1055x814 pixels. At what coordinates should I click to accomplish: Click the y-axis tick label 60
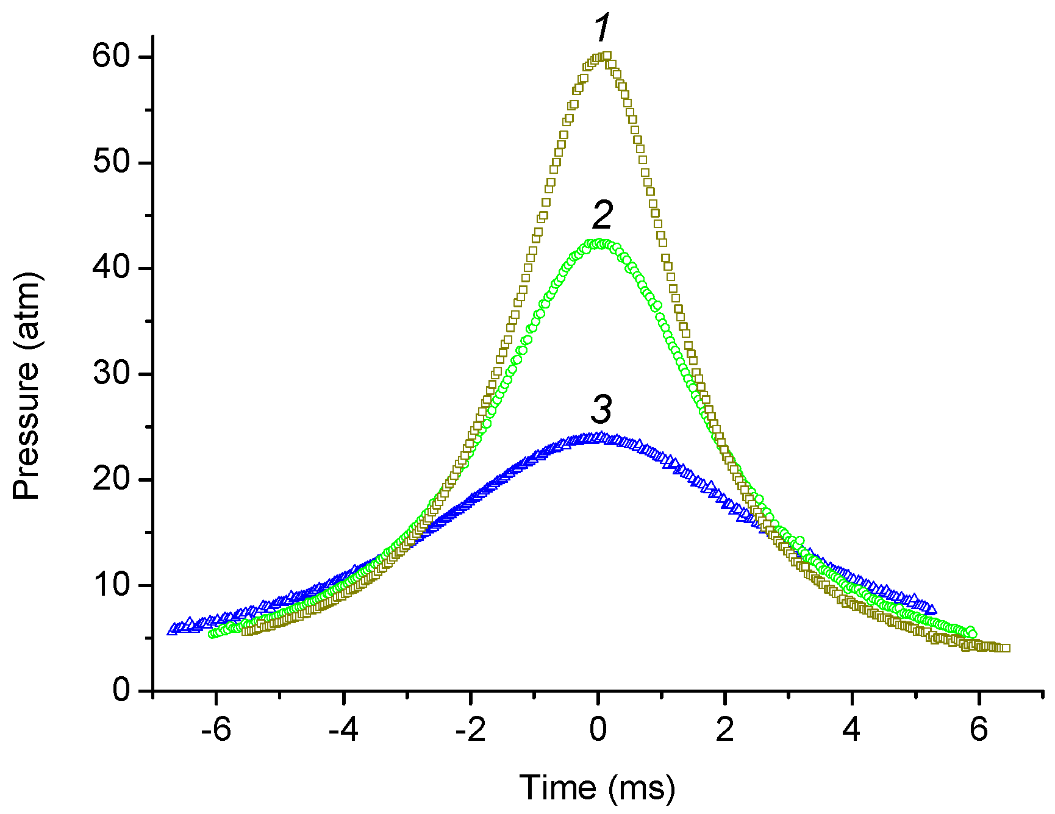(111, 57)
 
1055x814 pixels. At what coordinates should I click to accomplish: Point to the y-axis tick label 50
(111, 162)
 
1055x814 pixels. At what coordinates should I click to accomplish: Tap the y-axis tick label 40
(111, 268)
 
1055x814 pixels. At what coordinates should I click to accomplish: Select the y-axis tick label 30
(111, 373)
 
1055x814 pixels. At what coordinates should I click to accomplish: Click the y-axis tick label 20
(111, 479)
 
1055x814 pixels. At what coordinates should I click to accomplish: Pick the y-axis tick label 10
(111, 585)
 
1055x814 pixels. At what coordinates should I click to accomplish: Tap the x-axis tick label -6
(216, 729)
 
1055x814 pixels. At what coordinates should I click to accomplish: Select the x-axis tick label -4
(343, 729)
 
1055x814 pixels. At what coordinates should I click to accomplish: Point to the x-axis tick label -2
(470, 729)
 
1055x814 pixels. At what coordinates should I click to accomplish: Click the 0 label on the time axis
(598, 729)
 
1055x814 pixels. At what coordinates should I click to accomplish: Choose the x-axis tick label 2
(724, 729)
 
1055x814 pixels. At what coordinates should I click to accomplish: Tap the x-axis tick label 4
(851, 729)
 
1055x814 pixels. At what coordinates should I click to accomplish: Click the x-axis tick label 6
(979, 729)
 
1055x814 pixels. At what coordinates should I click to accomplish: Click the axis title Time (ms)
(597, 788)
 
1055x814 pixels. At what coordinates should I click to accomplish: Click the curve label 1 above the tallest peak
(602, 28)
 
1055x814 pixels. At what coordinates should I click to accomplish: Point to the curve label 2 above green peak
(603, 215)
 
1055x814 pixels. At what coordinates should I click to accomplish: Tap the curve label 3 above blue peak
(601, 409)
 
